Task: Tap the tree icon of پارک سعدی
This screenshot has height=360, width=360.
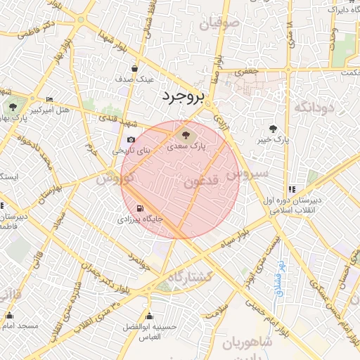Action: [186, 133]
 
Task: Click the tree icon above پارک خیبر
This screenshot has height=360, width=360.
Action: [273, 128]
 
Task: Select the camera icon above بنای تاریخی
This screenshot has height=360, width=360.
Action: [131, 139]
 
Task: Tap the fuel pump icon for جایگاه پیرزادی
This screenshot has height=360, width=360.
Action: [141, 208]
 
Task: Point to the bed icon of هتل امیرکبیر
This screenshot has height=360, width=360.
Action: [49, 99]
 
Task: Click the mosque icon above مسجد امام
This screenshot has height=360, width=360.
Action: [9, 316]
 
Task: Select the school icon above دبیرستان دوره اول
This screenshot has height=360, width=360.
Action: [291, 189]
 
